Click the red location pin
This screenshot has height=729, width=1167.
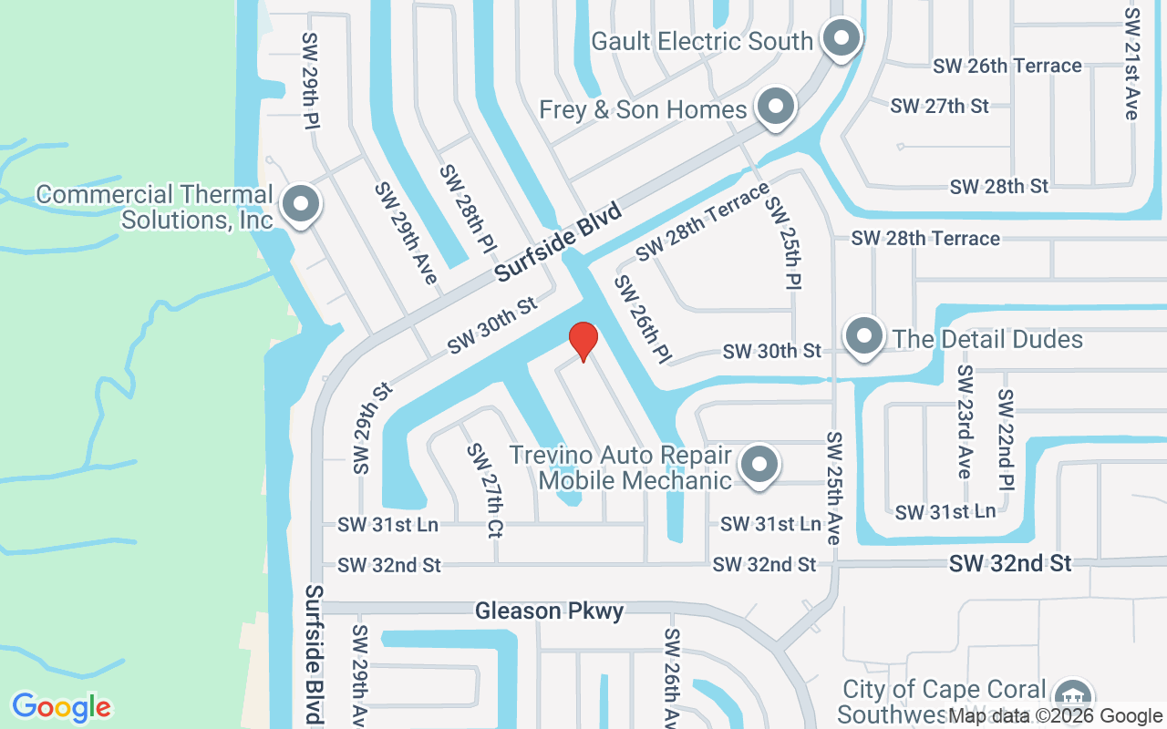[583, 341]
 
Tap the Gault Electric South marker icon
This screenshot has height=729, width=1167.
[842, 39]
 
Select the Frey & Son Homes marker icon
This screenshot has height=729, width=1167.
[776, 107]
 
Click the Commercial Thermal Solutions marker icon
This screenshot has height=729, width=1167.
[300, 205]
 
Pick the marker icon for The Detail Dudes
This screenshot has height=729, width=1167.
[863, 337]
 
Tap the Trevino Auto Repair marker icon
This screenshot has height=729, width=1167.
[759, 465]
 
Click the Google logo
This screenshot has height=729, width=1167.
[61, 707]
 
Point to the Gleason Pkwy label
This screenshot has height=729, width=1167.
[550, 611]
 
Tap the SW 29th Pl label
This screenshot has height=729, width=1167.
[311, 81]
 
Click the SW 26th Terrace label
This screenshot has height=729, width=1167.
[1007, 66]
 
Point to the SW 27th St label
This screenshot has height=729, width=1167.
[939, 106]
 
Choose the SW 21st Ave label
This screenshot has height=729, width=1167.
[1131, 64]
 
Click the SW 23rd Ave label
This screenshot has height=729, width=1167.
[964, 422]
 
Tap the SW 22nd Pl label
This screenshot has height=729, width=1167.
[1006, 439]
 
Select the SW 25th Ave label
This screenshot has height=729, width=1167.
[833, 488]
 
